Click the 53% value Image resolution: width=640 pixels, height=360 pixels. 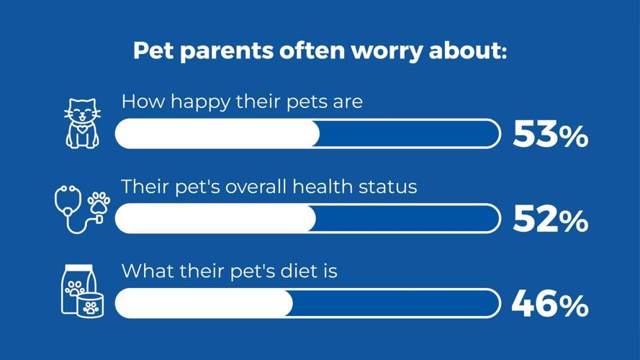[x=550, y=135]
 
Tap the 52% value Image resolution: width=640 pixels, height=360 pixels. [x=550, y=220]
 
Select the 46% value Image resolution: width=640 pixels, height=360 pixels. [x=550, y=305]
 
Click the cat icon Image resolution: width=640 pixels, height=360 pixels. [x=82, y=124]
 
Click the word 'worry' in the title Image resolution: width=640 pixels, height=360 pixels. [x=383, y=52]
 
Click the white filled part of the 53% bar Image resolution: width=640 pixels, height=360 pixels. [x=217, y=135]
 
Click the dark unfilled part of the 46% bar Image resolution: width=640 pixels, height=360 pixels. [x=396, y=305]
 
